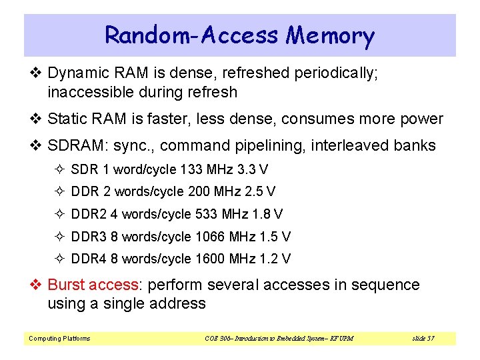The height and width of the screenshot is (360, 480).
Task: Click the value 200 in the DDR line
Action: tap(199, 191)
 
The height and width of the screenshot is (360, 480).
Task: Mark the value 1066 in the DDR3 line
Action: tap(211, 237)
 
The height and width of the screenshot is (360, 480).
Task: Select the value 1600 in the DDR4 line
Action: tap(211, 259)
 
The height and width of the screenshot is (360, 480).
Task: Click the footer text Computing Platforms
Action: tap(59, 339)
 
